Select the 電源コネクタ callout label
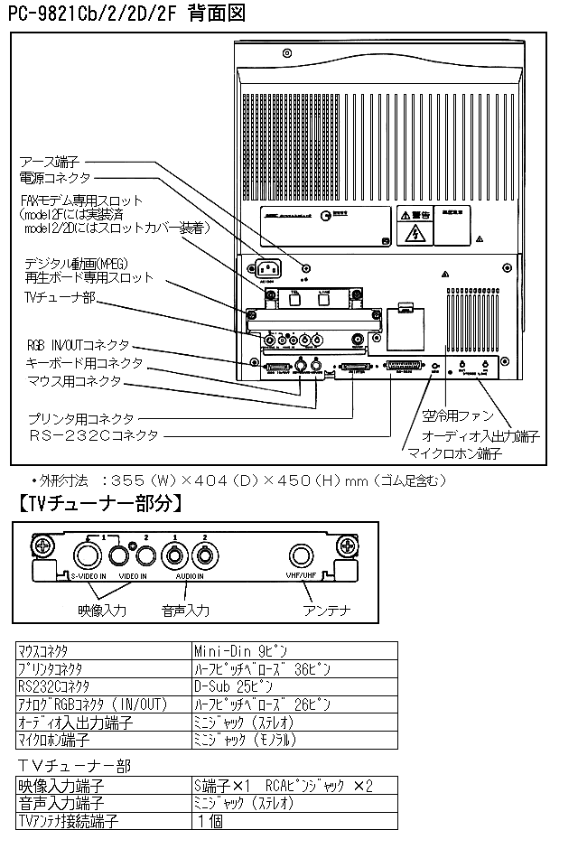(x=57, y=178)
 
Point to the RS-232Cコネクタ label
(x=92, y=435)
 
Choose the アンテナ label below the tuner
(x=327, y=611)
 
